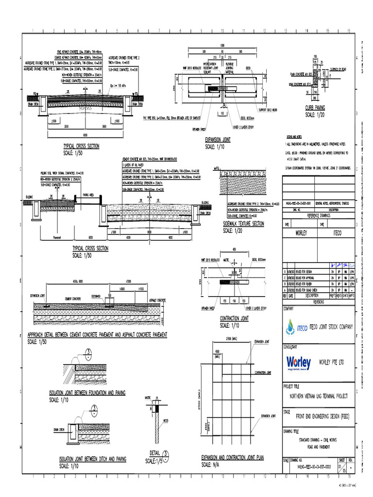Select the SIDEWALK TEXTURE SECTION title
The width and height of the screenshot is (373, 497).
(x=243, y=224)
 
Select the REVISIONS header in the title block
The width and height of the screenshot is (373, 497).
(x=318, y=301)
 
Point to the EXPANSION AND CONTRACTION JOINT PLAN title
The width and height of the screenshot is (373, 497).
(x=233, y=458)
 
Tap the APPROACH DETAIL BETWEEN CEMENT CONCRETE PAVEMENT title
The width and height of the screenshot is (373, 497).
(x=98, y=335)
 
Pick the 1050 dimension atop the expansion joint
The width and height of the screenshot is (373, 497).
(x=222, y=45)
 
